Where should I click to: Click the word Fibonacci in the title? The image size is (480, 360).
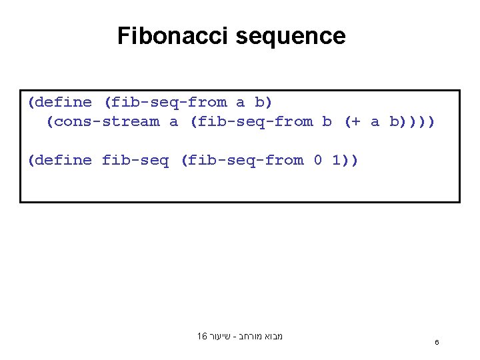(x=173, y=35)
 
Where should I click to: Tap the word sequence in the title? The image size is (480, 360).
(x=291, y=37)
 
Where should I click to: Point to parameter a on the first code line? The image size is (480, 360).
(x=241, y=102)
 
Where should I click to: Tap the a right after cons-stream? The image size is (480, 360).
(x=174, y=121)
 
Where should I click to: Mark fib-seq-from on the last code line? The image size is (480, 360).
(x=246, y=160)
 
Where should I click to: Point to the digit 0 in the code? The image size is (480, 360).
(x=318, y=160)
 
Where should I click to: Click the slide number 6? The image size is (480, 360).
(x=437, y=343)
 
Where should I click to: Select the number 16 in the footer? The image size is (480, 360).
(x=202, y=337)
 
